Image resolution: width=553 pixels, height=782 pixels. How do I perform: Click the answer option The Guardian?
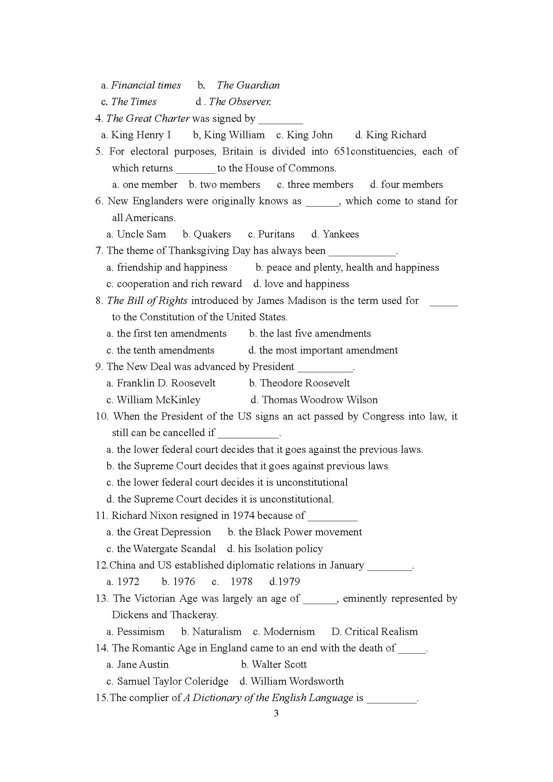pyautogui.click(x=248, y=85)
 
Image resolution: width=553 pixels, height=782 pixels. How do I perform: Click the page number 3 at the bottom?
pyautogui.click(x=276, y=714)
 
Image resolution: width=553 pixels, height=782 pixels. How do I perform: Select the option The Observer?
pyautogui.click(x=240, y=102)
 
